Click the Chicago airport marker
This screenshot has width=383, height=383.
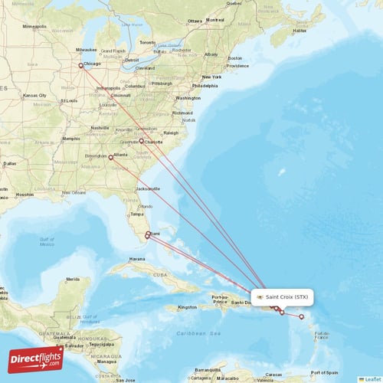coord(80,65)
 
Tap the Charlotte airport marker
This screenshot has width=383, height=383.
coord(141,141)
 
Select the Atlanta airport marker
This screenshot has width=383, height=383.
coord(111,158)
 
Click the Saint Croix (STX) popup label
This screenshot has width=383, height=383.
coord(283,296)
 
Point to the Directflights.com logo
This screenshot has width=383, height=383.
coord(36,358)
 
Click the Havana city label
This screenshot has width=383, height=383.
coord(137,259)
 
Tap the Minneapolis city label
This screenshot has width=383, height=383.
coord(34,26)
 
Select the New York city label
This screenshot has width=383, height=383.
coord(211,78)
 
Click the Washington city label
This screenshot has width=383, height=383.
coord(188,98)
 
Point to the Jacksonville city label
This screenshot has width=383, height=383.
coord(147,188)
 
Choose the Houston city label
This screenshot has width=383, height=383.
coord(25,195)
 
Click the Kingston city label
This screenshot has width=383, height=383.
coord(187,307)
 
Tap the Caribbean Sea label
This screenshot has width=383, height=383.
coord(198,335)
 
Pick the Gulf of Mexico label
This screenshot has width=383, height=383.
coord(46,241)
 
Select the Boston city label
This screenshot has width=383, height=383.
coord(234,58)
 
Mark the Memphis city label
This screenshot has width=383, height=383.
coord(71,139)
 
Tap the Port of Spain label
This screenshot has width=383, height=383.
coord(326,372)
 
